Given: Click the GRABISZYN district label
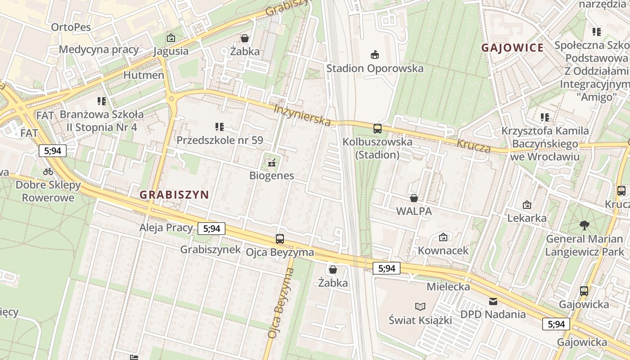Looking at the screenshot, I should click(x=174, y=194).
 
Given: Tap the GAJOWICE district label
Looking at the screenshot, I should click(x=513, y=48).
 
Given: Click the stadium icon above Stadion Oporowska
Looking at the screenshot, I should click(x=374, y=54).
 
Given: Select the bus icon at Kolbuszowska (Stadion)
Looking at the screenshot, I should click(x=377, y=128).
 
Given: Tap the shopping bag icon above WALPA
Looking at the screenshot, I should click(x=414, y=198).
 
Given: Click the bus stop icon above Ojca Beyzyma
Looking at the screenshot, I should click(x=279, y=238).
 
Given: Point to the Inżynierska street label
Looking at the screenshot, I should click(x=303, y=115).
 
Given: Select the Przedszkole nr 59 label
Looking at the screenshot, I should click(x=220, y=140).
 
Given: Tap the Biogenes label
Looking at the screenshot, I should click(x=271, y=175).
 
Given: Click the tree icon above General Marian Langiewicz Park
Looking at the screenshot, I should click(x=585, y=225).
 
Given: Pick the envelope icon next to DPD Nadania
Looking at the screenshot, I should click(x=493, y=301).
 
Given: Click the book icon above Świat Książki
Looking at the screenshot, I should click(x=420, y=306).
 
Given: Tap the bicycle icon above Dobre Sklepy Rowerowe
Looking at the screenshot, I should click(x=48, y=171).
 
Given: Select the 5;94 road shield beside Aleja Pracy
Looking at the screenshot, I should click(x=211, y=228).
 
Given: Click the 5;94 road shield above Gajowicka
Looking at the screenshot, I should click(x=556, y=324).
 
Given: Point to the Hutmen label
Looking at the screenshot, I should click(x=144, y=75).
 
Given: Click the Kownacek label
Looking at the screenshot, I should click(x=443, y=250).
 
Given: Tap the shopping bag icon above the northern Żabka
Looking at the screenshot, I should click(x=245, y=38).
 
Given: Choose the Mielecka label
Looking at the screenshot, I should click(x=448, y=286).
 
